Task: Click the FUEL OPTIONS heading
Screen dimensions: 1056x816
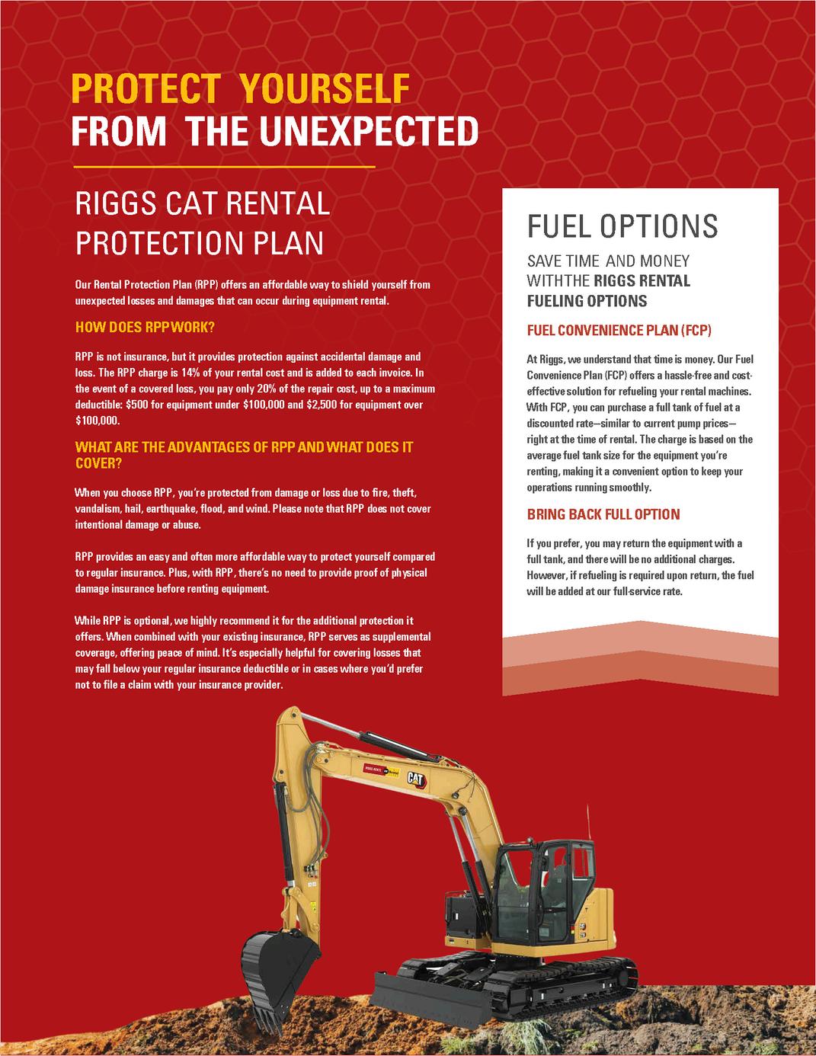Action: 622,226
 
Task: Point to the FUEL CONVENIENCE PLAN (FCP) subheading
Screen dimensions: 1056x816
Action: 619,331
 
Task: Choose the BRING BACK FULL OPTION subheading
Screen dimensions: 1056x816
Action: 603,514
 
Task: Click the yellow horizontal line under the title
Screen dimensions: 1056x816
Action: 224,166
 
